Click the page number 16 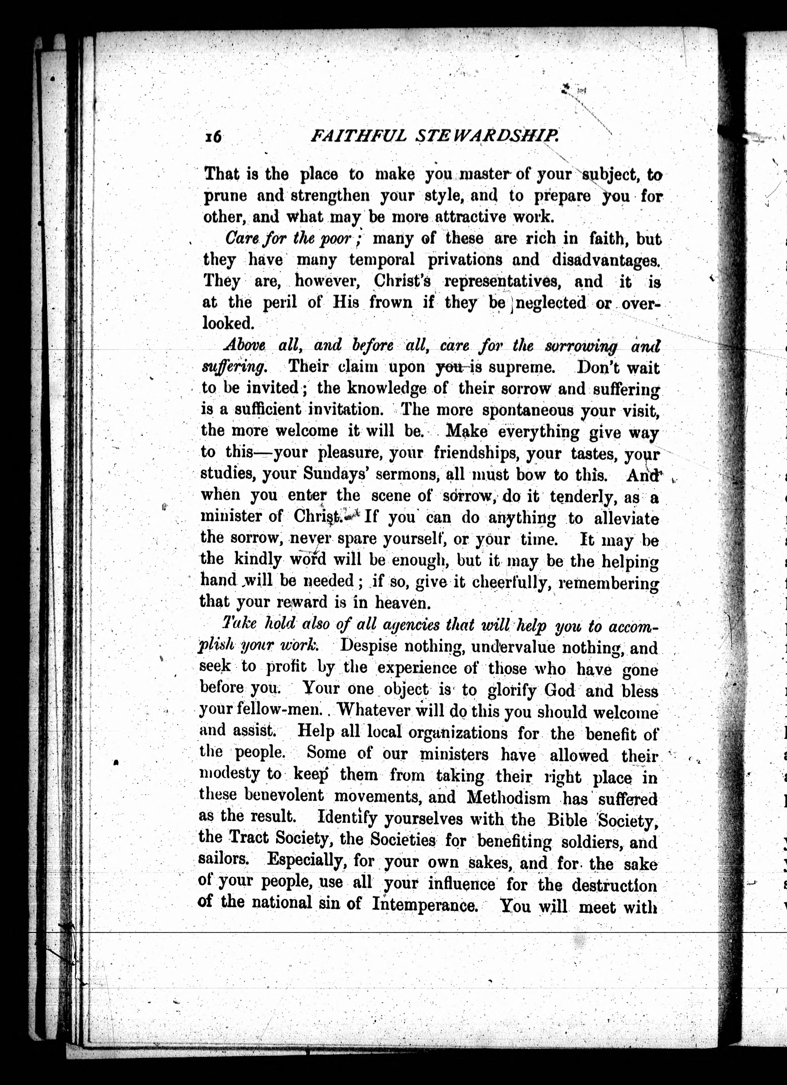[213, 137]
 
